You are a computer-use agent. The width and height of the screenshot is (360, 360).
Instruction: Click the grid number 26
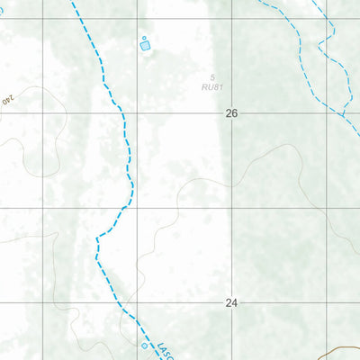(x=232, y=114)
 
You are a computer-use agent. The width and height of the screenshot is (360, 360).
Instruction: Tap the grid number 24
(x=231, y=303)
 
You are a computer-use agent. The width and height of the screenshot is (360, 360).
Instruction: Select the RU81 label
(x=211, y=87)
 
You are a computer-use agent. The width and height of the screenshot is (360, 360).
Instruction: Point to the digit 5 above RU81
(x=213, y=77)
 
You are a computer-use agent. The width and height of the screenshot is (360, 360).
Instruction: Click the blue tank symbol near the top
(x=145, y=42)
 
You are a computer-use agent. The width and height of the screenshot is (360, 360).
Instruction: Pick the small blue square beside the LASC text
(x=144, y=345)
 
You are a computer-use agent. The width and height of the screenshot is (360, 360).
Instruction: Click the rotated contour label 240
(x=11, y=100)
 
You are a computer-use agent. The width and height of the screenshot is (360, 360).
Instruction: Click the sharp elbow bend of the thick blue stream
(x=97, y=237)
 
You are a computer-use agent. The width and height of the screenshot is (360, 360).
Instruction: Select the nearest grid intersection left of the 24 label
(x=138, y=303)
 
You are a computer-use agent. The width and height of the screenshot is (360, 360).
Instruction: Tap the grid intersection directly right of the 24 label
(x=326, y=303)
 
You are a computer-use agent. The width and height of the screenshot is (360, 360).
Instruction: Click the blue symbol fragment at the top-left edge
(x=3, y=12)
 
